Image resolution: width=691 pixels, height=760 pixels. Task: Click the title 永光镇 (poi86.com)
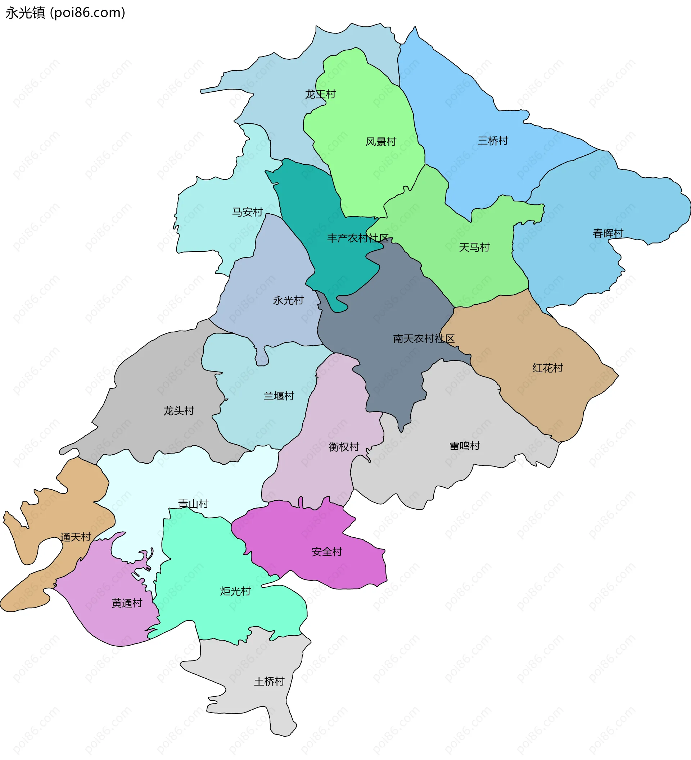coord(65,13)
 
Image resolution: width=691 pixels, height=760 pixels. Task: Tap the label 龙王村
coord(320,94)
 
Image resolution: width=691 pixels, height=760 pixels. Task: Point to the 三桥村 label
coord(493,141)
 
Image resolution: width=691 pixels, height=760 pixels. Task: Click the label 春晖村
coord(608,233)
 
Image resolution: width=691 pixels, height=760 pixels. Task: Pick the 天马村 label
coord(474,248)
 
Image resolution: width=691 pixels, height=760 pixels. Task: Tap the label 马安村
coord(247,212)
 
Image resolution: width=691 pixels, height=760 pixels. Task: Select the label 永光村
coord(288,300)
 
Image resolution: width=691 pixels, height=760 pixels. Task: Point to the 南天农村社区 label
coord(424,338)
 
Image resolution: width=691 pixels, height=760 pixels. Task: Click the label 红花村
coord(547,368)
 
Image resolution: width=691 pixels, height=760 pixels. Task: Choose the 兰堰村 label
coord(278,396)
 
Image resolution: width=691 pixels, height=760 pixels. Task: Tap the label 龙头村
coord(179,410)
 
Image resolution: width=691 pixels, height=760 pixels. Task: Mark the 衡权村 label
coord(344,447)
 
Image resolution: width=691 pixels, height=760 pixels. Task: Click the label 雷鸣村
coord(464,446)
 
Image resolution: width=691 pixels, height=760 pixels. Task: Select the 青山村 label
coord(193,504)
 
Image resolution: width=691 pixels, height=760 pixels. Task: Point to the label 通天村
coord(76,537)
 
